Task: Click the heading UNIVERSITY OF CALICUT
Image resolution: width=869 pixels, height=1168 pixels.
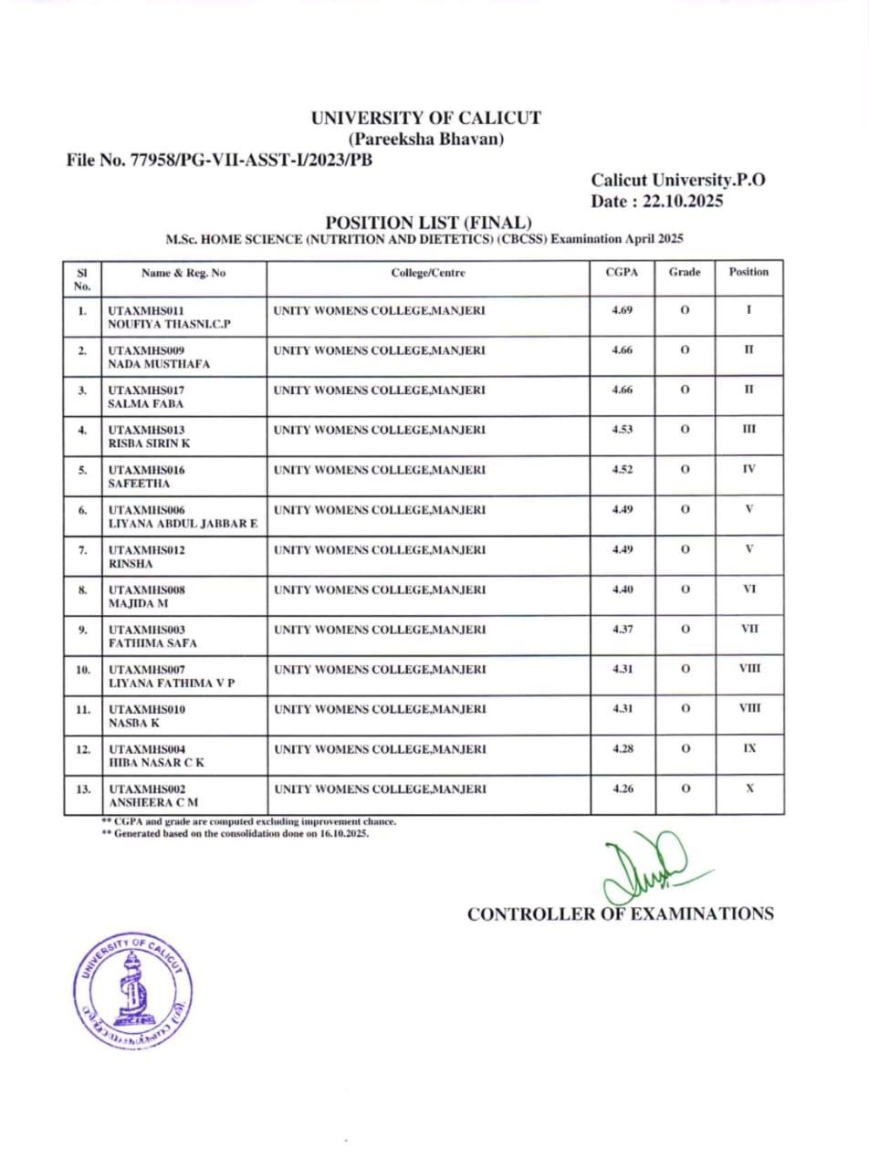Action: click(x=425, y=118)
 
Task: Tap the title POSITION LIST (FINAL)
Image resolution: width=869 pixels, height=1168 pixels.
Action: click(x=429, y=223)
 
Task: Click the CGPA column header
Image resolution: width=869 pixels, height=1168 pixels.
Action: click(x=622, y=272)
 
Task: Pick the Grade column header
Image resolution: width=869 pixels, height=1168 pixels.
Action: click(x=685, y=272)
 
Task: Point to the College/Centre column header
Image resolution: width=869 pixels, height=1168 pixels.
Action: click(x=428, y=272)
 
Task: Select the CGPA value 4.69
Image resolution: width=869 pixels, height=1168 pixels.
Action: click(x=622, y=310)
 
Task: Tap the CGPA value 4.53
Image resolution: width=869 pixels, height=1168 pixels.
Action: click(x=622, y=430)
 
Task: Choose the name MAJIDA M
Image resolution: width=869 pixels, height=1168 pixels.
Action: click(x=138, y=603)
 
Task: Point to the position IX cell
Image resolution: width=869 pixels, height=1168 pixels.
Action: click(x=749, y=748)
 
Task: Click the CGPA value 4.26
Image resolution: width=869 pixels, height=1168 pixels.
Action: click(x=622, y=788)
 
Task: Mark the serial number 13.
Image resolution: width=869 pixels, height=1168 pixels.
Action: click(x=82, y=788)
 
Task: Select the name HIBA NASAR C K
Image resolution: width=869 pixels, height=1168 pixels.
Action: click(x=156, y=762)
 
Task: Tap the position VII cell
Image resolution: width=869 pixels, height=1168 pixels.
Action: click(x=749, y=629)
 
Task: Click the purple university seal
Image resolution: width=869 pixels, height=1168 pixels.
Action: click(x=133, y=990)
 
